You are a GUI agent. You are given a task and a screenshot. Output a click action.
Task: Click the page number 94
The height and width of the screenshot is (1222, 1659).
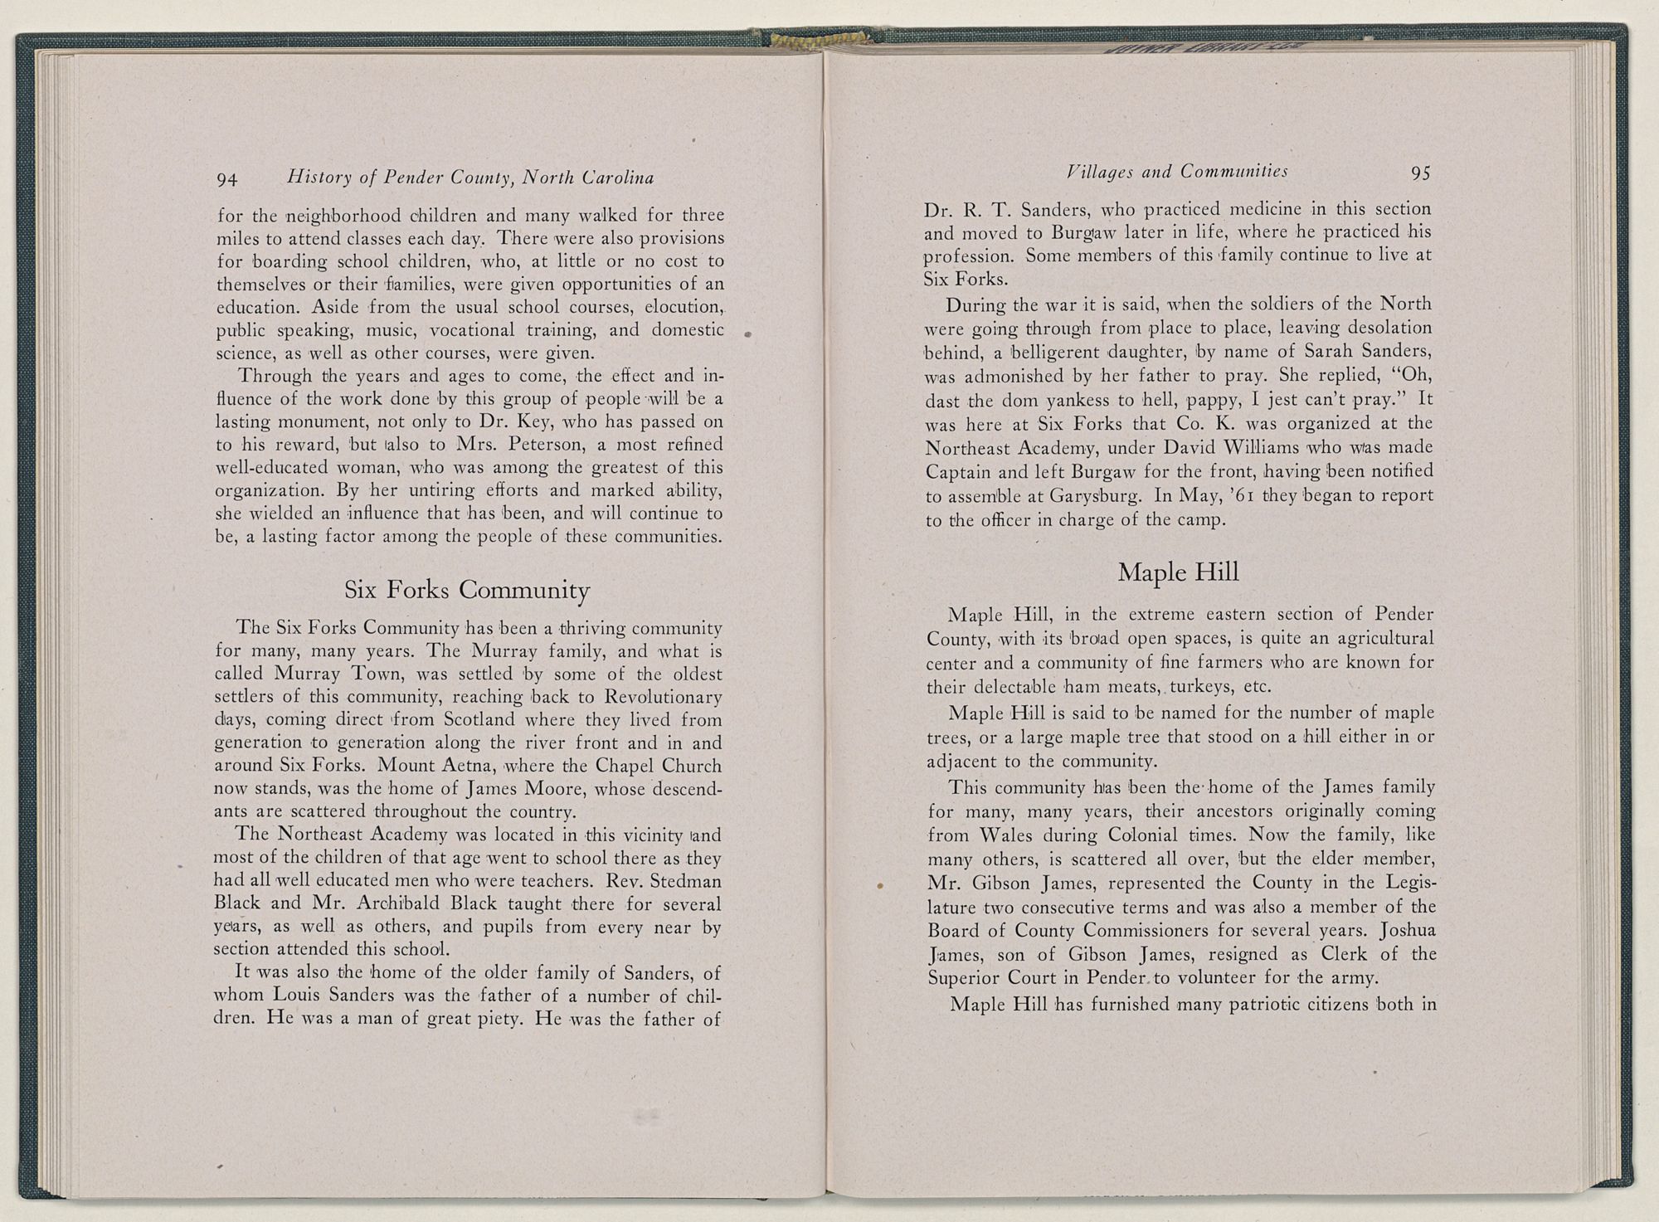coord(227,179)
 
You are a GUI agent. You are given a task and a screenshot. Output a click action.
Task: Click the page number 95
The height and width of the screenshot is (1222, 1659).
coord(1420,173)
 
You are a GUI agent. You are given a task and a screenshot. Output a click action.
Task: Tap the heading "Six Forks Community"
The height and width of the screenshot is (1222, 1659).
coord(468,590)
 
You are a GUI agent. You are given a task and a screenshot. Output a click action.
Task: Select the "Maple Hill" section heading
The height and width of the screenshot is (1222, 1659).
coord(1178,572)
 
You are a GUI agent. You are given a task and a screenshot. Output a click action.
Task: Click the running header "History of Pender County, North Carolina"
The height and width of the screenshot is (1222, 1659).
coord(469,178)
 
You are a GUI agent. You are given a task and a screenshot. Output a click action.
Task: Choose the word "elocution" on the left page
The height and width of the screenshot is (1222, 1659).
coord(683,307)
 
